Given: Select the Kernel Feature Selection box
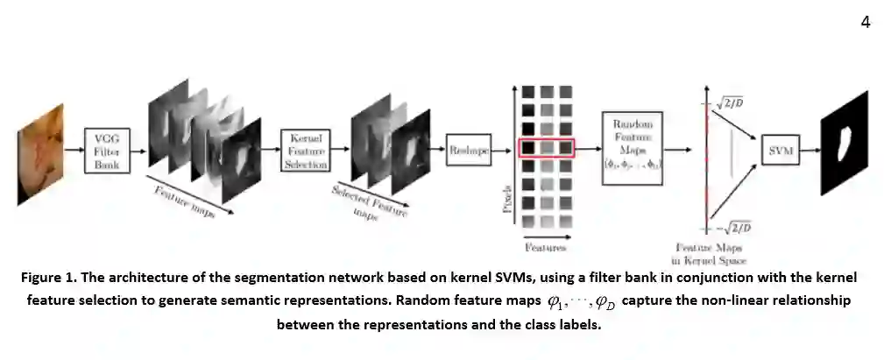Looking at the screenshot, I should [306, 152].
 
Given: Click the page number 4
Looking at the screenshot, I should [865, 22].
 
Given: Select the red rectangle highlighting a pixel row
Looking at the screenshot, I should [546, 148].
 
